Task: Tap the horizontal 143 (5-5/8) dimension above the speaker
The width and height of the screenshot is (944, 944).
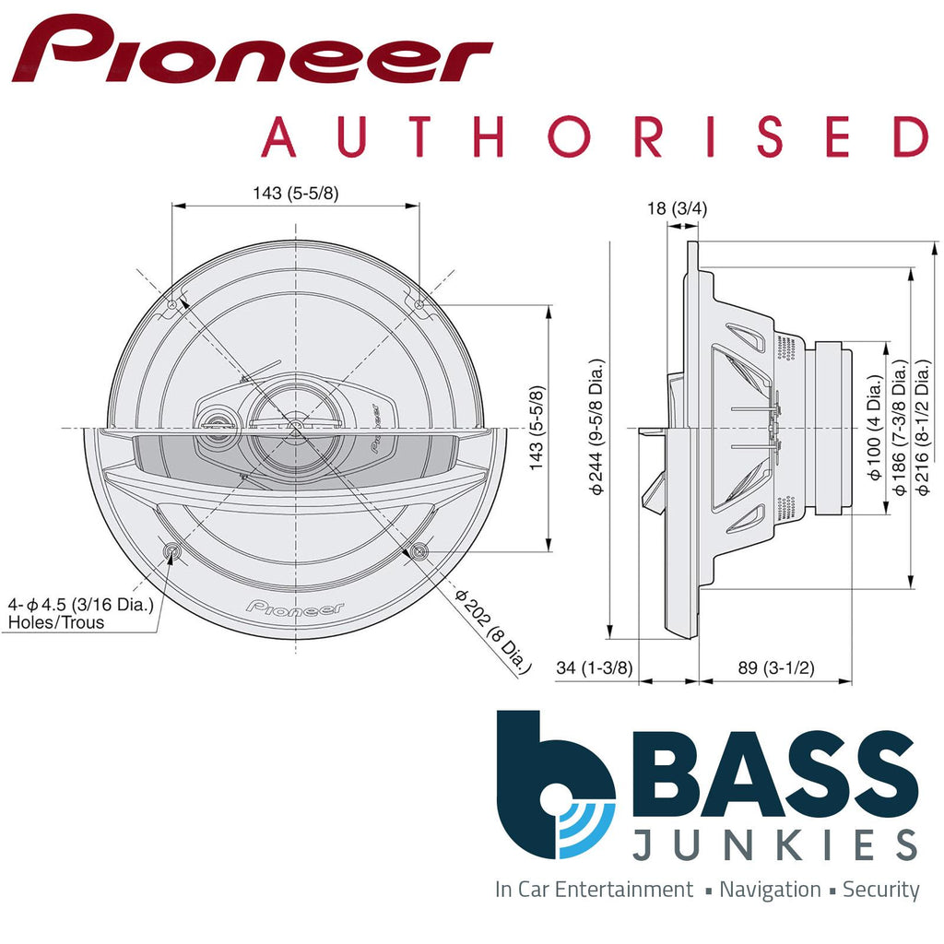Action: (x=295, y=193)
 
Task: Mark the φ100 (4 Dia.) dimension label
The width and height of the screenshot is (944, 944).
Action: (x=877, y=428)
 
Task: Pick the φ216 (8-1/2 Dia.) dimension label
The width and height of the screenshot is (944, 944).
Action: (x=923, y=429)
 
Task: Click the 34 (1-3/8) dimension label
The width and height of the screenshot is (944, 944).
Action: (x=595, y=668)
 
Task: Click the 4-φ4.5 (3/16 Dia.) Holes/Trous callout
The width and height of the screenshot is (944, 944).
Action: (x=80, y=613)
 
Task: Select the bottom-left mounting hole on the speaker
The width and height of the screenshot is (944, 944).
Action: (x=172, y=551)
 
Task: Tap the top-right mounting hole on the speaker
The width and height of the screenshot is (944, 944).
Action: (x=419, y=304)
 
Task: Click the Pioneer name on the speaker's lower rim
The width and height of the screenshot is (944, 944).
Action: (x=295, y=608)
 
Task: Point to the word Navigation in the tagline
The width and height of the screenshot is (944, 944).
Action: (x=770, y=890)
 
